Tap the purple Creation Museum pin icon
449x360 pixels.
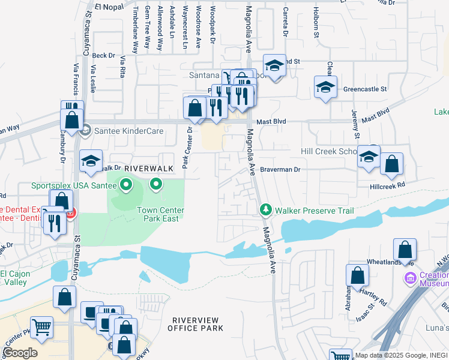pyautogui.click(x=411, y=278)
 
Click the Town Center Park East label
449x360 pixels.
pyautogui.click(x=160, y=214)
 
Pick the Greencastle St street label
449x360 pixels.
pyautogui.click(x=365, y=89)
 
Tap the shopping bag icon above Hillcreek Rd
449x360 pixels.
pyautogui.click(x=391, y=164)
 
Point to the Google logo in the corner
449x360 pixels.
pyautogui.click(x=20, y=352)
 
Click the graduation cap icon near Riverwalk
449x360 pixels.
pyautogui.click(x=91, y=161)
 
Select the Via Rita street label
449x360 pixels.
pyautogui.click(x=123, y=67)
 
